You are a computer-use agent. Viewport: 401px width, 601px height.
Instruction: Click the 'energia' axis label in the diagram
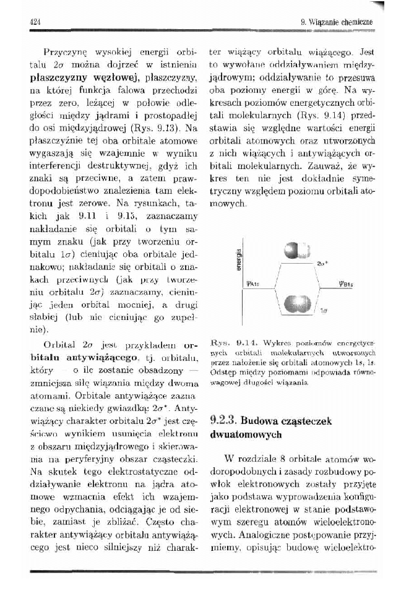tap(237, 260)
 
